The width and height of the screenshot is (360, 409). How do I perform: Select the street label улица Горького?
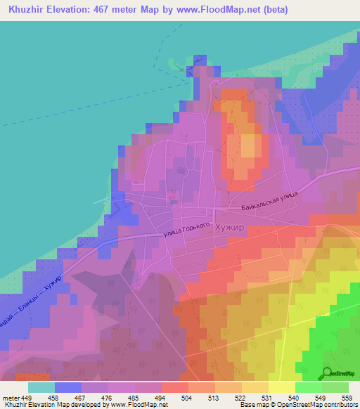(187, 229)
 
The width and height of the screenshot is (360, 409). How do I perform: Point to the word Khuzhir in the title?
(27, 11)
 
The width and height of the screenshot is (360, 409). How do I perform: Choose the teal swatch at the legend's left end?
(41, 387)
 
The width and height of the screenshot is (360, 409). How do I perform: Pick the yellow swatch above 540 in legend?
(281, 387)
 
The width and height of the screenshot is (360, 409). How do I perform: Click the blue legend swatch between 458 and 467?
(67, 387)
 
